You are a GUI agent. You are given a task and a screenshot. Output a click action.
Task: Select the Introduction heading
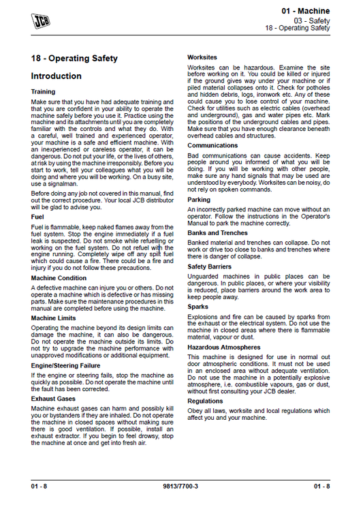(56, 76)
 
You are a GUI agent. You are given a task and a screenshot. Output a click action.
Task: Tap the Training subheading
(44, 91)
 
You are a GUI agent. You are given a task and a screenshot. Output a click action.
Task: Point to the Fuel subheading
(38, 216)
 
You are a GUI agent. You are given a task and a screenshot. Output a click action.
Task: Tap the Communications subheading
(212, 145)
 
